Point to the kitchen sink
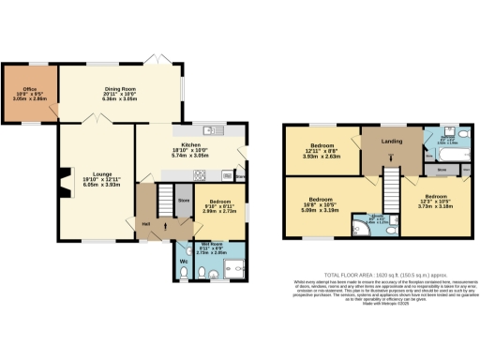[211, 129]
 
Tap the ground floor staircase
[164, 198]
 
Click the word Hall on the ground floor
[146, 222]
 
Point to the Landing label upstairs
[390, 142]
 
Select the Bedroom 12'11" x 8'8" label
[323, 151]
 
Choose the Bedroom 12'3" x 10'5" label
[435, 201]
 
